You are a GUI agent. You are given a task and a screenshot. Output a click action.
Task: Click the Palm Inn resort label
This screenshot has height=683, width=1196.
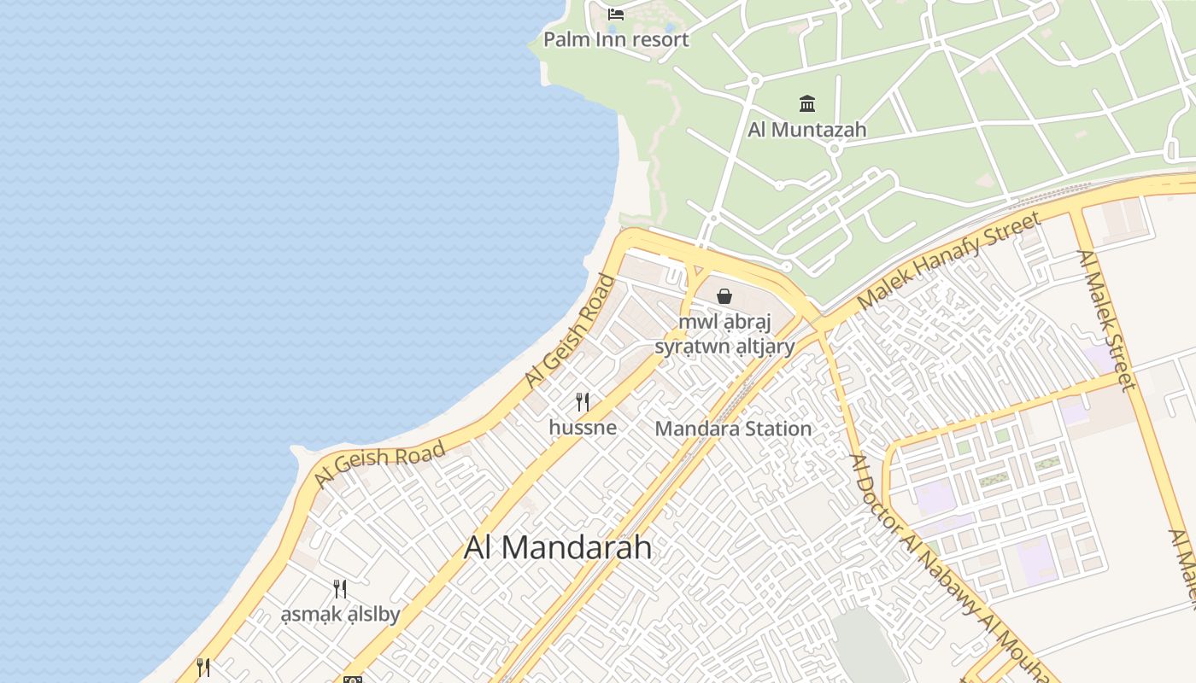point(616,39)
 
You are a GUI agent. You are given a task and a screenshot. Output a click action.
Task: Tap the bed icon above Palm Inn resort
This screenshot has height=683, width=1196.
point(616,14)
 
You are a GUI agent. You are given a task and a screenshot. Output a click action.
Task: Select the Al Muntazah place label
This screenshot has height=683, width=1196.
point(806,130)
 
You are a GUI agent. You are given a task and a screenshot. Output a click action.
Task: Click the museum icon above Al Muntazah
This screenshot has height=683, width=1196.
point(806,104)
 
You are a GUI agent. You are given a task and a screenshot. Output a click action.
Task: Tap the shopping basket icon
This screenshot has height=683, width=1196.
point(724,296)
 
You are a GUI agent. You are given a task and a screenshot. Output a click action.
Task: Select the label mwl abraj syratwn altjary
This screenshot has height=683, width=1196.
point(724,334)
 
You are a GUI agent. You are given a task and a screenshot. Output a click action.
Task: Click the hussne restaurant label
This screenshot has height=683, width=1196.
point(583,427)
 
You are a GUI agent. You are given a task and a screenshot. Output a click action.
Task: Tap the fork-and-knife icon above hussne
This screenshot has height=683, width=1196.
point(583,401)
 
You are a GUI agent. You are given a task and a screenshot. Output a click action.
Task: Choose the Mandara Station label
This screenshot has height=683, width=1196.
point(733,429)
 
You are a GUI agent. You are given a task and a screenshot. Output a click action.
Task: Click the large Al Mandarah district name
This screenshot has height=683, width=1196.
point(558,547)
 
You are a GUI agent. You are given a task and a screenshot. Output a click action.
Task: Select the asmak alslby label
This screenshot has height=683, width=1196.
point(340,614)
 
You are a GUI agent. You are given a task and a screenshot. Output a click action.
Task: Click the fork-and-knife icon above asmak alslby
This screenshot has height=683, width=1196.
point(340,588)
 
